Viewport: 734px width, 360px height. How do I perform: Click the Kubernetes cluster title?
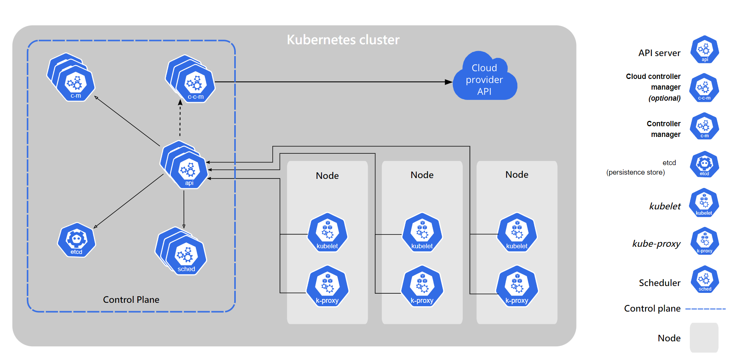coord(343,40)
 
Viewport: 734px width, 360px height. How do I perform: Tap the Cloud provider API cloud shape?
coord(485,79)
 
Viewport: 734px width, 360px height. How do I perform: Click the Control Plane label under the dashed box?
coord(131,300)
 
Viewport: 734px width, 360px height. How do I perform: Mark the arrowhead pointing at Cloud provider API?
coord(449,82)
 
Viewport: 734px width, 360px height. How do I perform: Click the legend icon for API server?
coord(705,50)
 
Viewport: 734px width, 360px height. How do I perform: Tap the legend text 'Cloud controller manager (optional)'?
coord(653,87)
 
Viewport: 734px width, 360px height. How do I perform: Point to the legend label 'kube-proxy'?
coord(656,244)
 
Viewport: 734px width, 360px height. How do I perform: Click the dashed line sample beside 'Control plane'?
coord(705,309)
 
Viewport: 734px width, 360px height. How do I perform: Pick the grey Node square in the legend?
coord(704,337)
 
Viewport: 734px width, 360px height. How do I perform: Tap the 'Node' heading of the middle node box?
coord(422,175)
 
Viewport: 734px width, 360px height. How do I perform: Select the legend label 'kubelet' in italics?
coord(665,206)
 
